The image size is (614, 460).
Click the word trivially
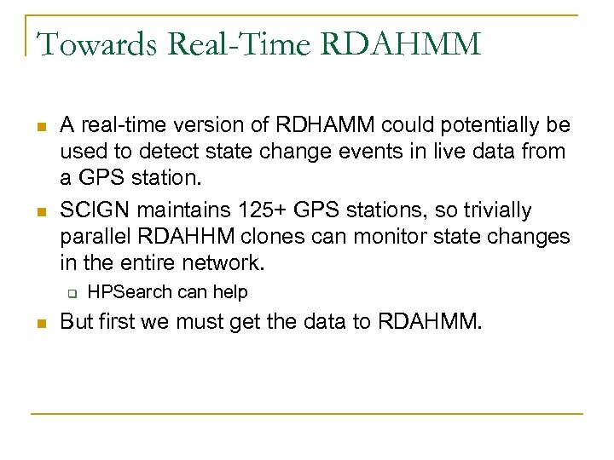tap(500, 210)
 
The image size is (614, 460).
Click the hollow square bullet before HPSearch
tap(73, 294)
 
